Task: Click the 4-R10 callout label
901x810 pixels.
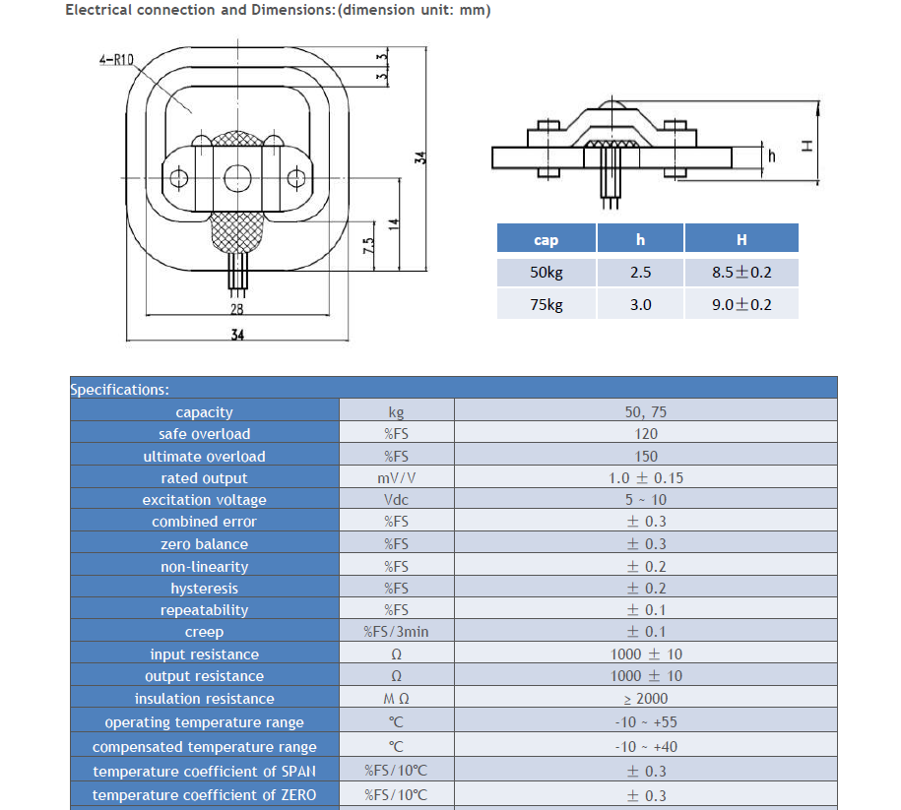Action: point(116,60)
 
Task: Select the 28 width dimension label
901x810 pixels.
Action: point(237,308)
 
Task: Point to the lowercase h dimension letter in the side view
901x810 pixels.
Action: point(772,156)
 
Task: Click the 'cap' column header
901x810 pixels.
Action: point(546,239)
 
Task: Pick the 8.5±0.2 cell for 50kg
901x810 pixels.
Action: point(741,273)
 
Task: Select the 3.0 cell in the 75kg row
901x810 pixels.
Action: point(640,304)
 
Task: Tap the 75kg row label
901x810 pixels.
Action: point(546,304)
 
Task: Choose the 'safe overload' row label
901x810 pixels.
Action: point(204,434)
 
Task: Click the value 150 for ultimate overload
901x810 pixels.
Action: point(646,456)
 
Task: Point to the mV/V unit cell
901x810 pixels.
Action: point(396,478)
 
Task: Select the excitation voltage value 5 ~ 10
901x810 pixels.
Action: point(646,500)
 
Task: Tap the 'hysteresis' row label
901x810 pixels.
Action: point(204,589)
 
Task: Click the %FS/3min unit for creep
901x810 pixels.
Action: point(396,632)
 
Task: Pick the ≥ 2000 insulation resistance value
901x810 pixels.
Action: point(646,699)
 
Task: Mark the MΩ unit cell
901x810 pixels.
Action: point(396,699)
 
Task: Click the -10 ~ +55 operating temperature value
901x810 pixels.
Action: point(646,722)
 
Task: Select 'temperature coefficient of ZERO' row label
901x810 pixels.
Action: point(204,794)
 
